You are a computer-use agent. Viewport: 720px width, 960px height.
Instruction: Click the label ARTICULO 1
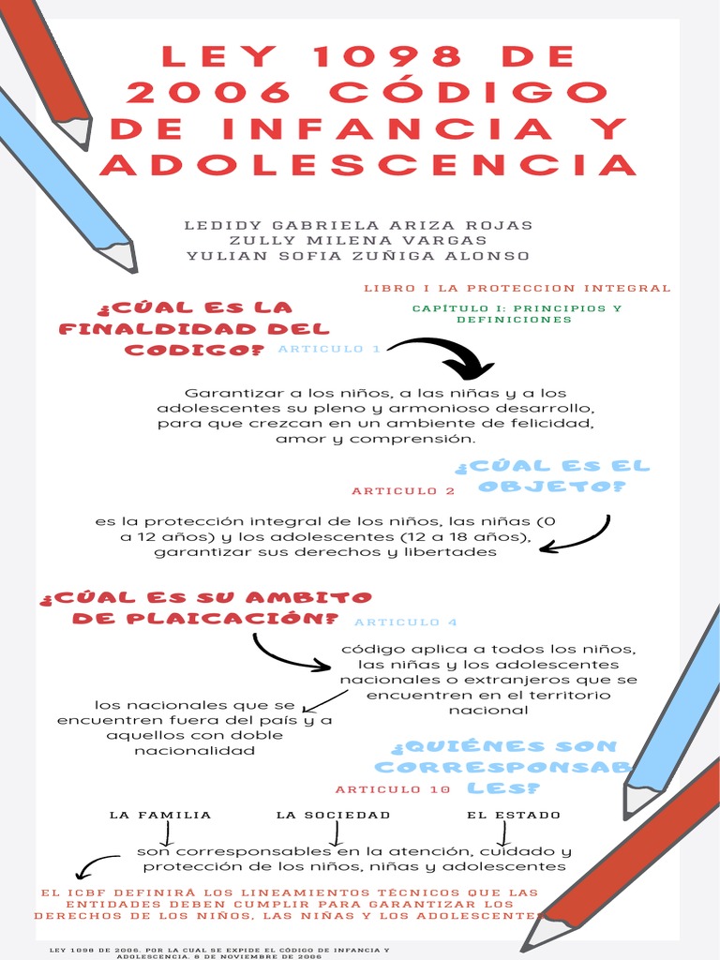coord(329,349)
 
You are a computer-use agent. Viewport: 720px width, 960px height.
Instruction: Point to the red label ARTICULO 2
coord(403,491)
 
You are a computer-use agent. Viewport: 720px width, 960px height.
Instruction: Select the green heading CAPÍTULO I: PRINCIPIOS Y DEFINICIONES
coord(517,313)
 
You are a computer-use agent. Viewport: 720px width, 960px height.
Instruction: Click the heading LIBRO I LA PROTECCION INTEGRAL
coord(517,288)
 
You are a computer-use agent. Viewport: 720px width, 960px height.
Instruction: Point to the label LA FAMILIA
coord(160,815)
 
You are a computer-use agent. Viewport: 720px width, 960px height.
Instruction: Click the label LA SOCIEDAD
coord(333,815)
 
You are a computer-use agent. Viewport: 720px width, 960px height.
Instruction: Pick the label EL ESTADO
coord(514,815)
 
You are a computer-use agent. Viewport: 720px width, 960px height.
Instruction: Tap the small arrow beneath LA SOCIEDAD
coord(336,833)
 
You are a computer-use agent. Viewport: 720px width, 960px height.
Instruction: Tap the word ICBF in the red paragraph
coord(89,892)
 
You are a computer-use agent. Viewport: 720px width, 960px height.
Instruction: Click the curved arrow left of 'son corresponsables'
coord(94,865)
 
